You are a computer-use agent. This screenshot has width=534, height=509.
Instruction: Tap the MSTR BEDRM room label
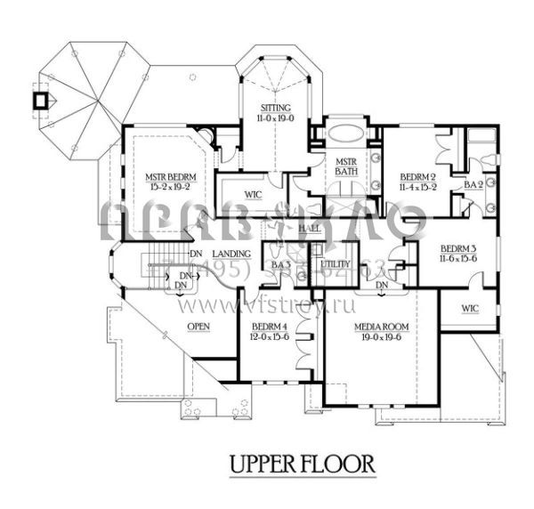click(x=171, y=177)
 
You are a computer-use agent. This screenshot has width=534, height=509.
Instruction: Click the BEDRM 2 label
click(x=417, y=176)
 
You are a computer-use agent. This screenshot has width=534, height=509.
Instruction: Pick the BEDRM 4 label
click(x=269, y=327)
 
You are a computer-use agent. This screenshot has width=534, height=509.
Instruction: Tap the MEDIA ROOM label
click(x=377, y=327)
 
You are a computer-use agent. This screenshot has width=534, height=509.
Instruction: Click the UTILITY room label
click(x=336, y=265)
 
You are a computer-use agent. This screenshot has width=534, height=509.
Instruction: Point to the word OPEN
click(x=198, y=327)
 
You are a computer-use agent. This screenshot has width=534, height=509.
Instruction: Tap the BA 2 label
click(x=473, y=185)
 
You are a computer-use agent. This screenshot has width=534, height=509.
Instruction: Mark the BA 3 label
click(x=280, y=265)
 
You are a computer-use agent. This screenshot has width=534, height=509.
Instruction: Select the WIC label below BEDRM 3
click(x=470, y=309)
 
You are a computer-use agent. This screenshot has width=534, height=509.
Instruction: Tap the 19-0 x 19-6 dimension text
click(x=377, y=338)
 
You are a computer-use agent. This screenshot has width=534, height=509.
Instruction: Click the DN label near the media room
click(x=382, y=286)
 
